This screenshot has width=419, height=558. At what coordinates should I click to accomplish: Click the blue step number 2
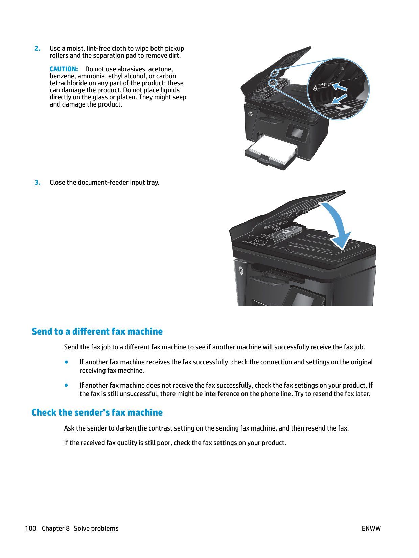[x=37, y=49]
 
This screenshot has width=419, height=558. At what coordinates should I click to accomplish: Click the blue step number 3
[x=37, y=183]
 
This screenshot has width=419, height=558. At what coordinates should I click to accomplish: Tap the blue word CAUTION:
[x=64, y=69]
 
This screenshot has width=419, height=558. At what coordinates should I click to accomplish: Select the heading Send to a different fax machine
[x=97, y=332]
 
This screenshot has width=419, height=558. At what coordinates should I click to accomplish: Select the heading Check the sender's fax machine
[x=97, y=413]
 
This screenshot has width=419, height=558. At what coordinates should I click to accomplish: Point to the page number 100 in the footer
[x=30, y=528]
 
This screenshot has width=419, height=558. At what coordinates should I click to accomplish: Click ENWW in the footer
[x=371, y=528]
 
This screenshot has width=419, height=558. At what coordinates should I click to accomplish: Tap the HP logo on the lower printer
[x=241, y=271]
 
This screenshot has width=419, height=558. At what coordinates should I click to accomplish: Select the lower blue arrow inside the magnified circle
[x=340, y=99]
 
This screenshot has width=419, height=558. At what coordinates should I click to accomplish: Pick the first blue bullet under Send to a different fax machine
[x=66, y=362]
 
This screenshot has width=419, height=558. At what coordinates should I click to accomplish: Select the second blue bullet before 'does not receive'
[x=66, y=386]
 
